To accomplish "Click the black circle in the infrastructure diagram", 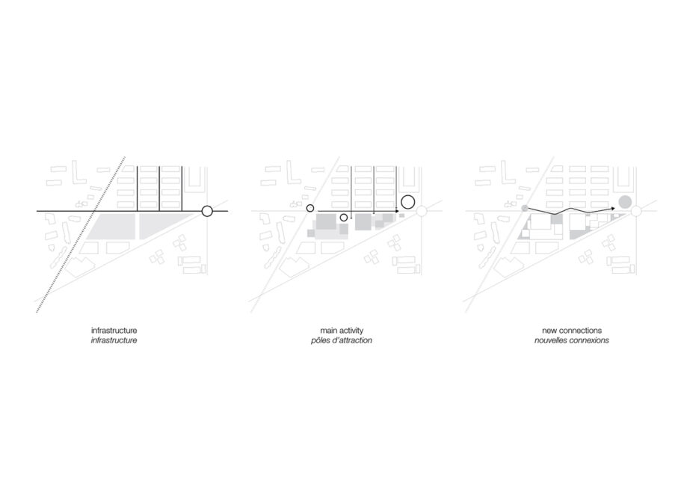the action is (x=207, y=206).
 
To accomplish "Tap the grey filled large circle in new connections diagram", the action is (x=625, y=202).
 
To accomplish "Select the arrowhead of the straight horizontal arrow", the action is (x=396, y=211).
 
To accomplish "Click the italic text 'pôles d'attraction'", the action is (x=342, y=340).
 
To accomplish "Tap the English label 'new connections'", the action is (x=572, y=331).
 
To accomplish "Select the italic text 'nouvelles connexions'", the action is (x=572, y=340).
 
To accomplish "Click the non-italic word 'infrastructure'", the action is (x=114, y=331).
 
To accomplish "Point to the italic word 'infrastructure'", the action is (x=114, y=340).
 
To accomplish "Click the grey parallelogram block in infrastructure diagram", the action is (x=111, y=226).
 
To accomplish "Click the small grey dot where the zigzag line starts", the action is (x=525, y=208).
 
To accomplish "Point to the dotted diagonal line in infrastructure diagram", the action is (x=81, y=234).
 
